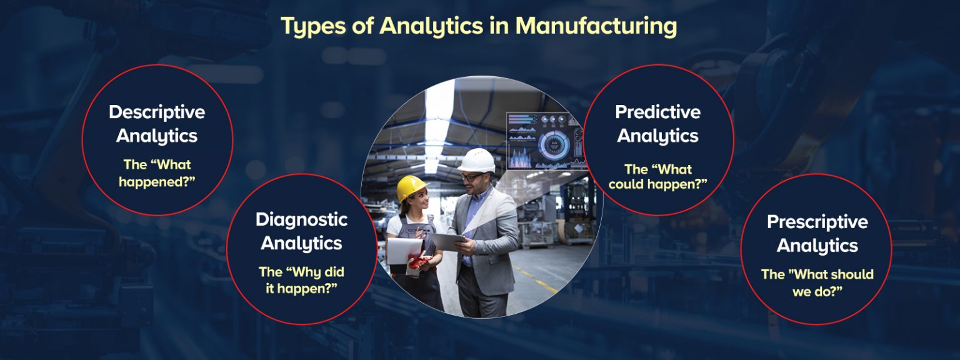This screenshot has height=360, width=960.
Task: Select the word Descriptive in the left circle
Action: pyautogui.click(x=157, y=112)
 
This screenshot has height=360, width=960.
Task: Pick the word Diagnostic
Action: pyautogui.click(x=301, y=219)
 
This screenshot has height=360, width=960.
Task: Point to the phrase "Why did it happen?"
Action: pyautogui.click(x=301, y=281)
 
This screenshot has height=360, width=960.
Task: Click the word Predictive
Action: pyautogui.click(x=657, y=112)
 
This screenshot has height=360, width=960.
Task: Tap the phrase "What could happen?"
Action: pyautogui.click(x=657, y=177)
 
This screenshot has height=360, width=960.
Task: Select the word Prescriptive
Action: pyautogui.click(x=817, y=222)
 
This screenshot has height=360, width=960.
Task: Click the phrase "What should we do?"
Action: pyautogui.click(x=817, y=282)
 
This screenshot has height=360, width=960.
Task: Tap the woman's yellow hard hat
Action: pyautogui.click(x=411, y=187)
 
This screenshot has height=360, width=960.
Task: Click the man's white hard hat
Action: pyautogui.click(x=477, y=160)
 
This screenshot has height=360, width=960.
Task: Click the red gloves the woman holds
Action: pyautogui.click(x=417, y=262)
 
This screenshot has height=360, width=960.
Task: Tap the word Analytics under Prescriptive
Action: pyautogui.click(x=817, y=246)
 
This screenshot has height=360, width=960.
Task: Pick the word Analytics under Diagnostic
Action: pyautogui.click(x=301, y=243)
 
